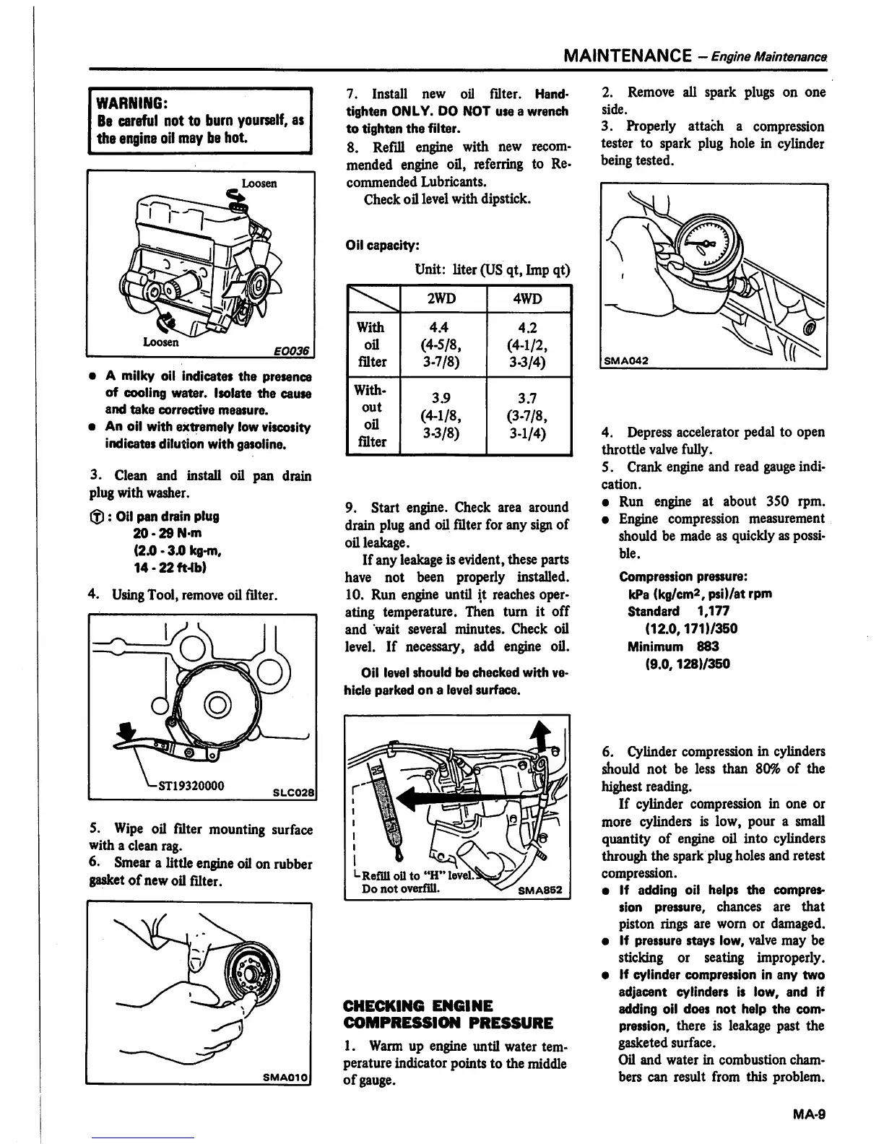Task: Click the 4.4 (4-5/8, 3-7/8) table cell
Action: (444, 344)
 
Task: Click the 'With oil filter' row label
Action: (372, 344)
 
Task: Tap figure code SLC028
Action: (292, 789)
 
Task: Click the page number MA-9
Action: (809, 1114)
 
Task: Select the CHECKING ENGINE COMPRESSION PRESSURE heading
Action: (448, 1014)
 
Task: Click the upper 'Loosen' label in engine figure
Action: (259, 183)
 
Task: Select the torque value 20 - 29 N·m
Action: (168, 533)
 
